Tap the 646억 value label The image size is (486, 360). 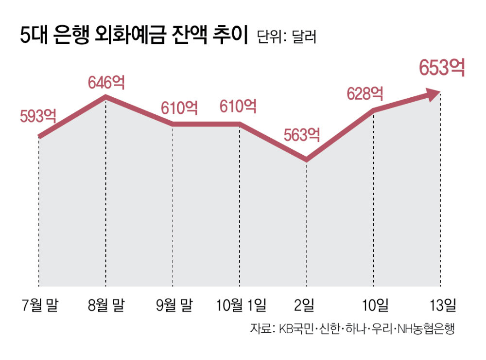[x=106, y=82]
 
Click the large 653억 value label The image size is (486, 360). [x=442, y=68]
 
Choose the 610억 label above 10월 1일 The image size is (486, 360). [x=238, y=106]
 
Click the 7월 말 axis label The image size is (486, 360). [x=39, y=306]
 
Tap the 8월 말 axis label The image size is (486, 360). [x=106, y=306]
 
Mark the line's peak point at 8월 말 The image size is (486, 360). [x=105, y=98]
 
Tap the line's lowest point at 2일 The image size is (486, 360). [x=306, y=159]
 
